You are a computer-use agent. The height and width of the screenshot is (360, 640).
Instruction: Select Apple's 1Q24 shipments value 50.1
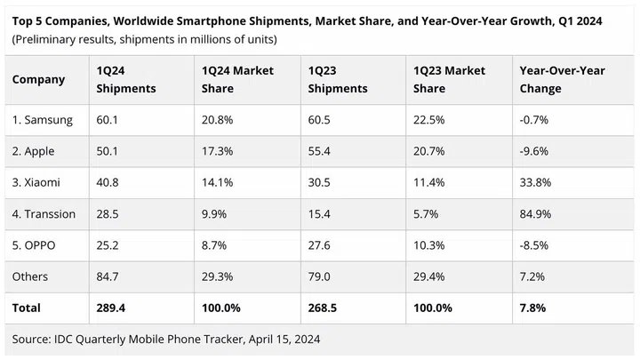click(x=108, y=151)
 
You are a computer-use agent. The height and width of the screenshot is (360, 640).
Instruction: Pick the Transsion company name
click(x=44, y=213)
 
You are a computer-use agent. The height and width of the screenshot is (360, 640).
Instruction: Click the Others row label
click(x=31, y=276)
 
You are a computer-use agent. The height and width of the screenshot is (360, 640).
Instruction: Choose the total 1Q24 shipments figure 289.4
click(x=111, y=308)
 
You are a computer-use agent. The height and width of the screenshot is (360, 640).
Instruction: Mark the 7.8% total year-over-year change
click(x=533, y=308)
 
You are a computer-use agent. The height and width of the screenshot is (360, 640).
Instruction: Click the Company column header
click(x=38, y=79)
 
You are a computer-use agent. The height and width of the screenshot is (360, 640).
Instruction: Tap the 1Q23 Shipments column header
click(x=337, y=79)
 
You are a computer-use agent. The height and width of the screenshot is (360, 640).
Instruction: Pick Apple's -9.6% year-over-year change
click(x=535, y=151)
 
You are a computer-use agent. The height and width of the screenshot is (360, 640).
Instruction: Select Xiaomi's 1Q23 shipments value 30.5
click(x=319, y=182)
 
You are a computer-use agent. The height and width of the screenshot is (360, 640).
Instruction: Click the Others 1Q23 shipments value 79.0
click(x=319, y=276)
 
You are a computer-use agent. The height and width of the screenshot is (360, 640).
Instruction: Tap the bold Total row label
click(x=27, y=308)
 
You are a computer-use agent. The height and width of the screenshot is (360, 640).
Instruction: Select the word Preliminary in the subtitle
click(x=47, y=39)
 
